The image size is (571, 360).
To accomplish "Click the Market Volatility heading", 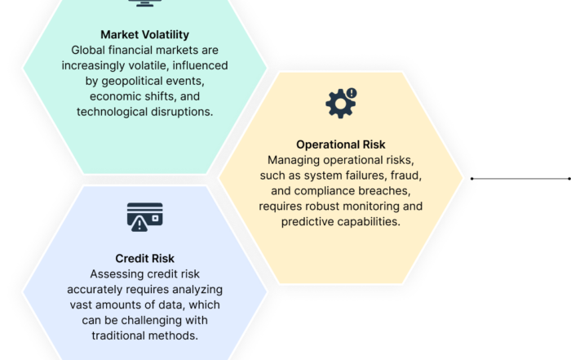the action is click(144, 34).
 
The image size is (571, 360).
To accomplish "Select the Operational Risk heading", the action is click(340, 144).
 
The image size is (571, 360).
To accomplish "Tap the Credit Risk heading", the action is click(144, 258).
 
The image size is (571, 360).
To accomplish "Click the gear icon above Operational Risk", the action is click(340, 104).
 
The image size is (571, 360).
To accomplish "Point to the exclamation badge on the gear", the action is click(352, 93).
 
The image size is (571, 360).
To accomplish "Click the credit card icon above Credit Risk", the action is click(144, 217).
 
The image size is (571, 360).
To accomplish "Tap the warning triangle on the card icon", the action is click(139, 224).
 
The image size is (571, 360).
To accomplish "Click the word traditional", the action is click(120, 336).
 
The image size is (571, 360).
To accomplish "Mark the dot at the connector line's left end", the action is click(472, 179).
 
